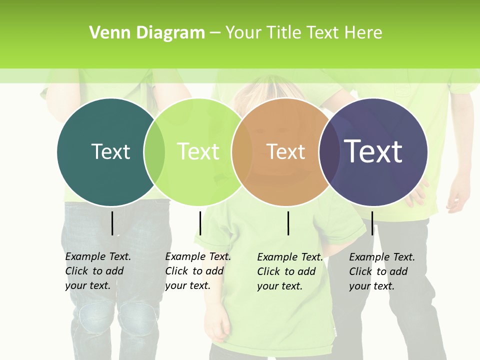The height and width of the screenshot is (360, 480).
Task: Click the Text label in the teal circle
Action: pyautogui.click(x=110, y=151)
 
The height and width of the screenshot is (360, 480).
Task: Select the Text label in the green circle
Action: pyautogui.click(x=198, y=151)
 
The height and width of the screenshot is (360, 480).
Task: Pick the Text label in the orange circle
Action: pyautogui.click(x=285, y=152)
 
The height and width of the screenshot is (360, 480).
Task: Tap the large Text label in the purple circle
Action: pyautogui.click(x=373, y=151)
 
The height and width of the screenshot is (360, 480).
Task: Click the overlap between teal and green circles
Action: pyautogui.click(x=154, y=152)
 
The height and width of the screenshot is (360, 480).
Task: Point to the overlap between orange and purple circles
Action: pyautogui.click(x=329, y=152)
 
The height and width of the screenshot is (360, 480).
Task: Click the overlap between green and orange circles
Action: pyautogui.click(x=242, y=152)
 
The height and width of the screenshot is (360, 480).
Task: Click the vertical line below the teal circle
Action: pyautogui.click(x=112, y=223)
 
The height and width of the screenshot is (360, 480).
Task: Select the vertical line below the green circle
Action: pyautogui.click(x=200, y=223)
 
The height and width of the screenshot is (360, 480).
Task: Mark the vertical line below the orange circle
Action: pyautogui.click(x=288, y=223)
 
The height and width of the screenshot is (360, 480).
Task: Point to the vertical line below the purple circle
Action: pyautogui.click(x=372, y=223)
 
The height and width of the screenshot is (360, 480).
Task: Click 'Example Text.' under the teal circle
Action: pyautogui.click(x=98, y=256)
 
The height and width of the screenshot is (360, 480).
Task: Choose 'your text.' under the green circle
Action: pyautogui.click(x=187, y=285)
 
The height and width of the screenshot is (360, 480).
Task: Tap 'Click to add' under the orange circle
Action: pyautogui.click(x=286, y=271)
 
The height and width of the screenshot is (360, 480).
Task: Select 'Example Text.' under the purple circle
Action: pyautogui.click(x=382, y=257)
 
